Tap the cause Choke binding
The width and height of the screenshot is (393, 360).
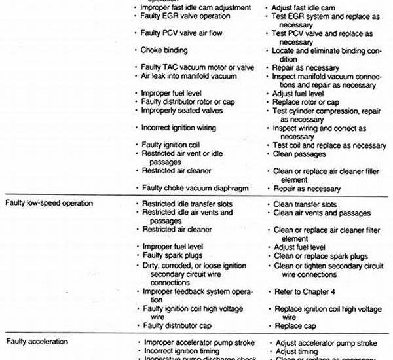(164, 50)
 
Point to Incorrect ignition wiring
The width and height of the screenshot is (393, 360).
(178, 128)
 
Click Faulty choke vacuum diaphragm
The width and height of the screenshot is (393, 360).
(195, 188)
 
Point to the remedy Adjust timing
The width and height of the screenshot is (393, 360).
(297, 351)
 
